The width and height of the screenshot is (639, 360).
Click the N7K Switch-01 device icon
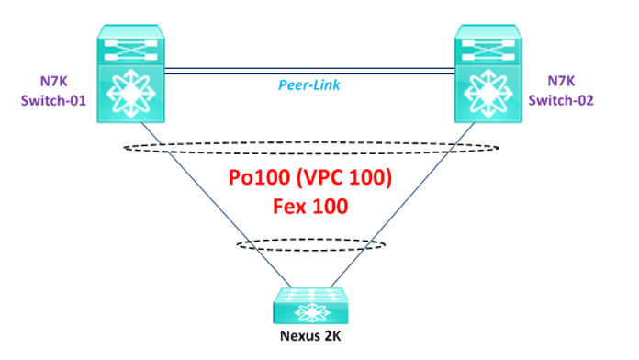[x=130, y=73]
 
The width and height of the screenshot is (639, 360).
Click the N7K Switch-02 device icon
[x=488, y=73]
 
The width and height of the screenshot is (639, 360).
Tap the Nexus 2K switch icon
[x=310, y=306]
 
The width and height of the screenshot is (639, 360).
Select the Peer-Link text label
[x=308, y=84]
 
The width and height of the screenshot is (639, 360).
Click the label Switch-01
[x=53, y=100]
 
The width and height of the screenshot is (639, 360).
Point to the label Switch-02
[x=561, y=100]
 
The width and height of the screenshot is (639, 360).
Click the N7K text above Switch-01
[x=54, y=81]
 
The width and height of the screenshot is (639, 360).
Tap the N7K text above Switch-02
[x=561, y=81]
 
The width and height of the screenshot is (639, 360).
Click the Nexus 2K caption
[x=310, y=336]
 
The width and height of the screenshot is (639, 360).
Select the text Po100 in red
[x=260, y=177]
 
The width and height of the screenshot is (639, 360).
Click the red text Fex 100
[x=310, y=207]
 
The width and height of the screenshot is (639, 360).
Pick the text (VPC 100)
[x=344, y=177]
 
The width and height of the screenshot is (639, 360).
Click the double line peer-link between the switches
[x=309, y=72]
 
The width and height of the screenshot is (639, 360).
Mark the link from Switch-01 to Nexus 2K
[x=217, y=205]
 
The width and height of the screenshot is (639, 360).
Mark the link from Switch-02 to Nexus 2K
[x=403, y=205]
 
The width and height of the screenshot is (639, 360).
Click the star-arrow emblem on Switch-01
[x=130, y=94]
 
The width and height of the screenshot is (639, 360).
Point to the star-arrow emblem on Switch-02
[x=488, y=94]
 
